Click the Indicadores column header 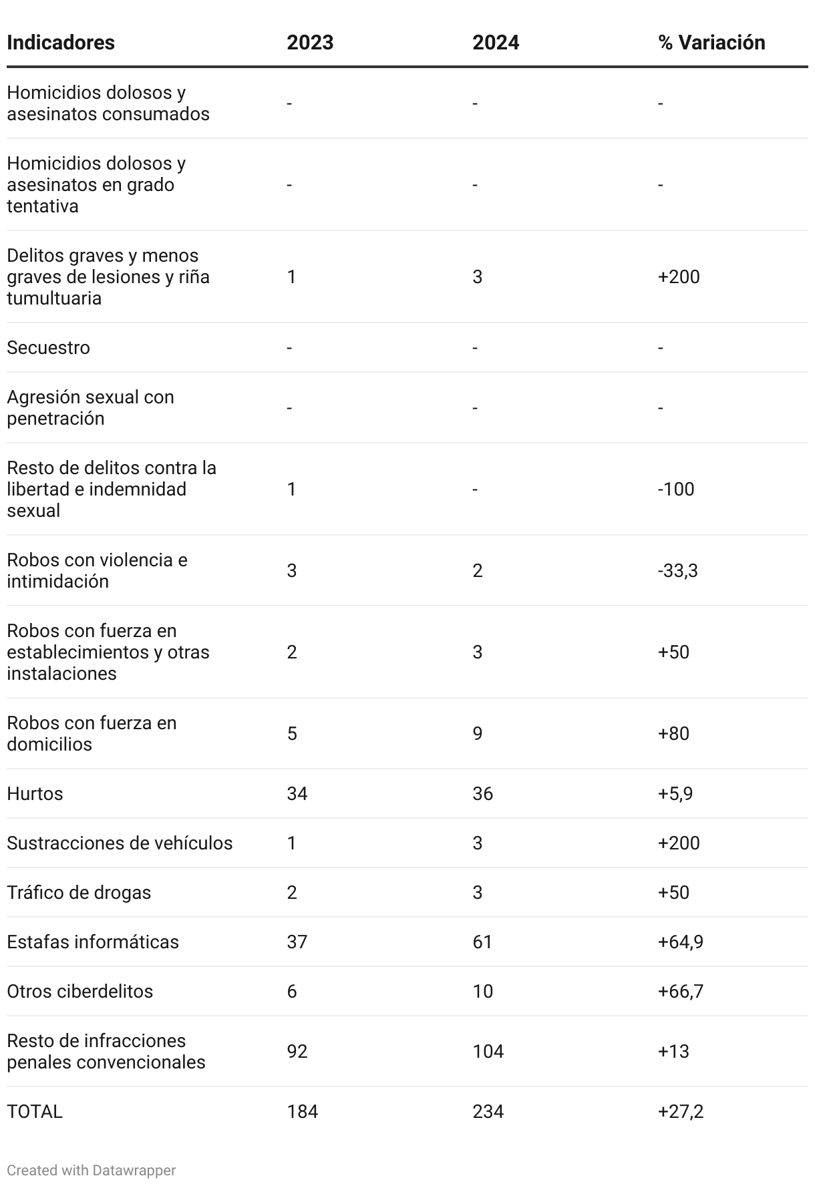(61, 42)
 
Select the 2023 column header (310, 42)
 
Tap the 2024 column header (496, 42)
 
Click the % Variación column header (711, 42)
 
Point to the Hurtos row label (35, 793)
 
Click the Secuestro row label (48, 347)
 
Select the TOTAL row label (35, 1111)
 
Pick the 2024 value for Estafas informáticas (482, 942)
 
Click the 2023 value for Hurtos (297, 793)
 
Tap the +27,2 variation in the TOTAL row (681, 1111)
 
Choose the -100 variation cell (676, 489)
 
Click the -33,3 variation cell (678, 570)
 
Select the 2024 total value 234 (488, 1111)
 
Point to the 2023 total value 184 (303, 1111)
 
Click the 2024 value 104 (488, 1051)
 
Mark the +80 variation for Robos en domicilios (673, 733)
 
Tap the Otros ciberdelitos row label (80, 991)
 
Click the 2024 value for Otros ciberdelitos (482, 991)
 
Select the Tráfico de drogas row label (79, 892)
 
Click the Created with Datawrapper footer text (92, 1170)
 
